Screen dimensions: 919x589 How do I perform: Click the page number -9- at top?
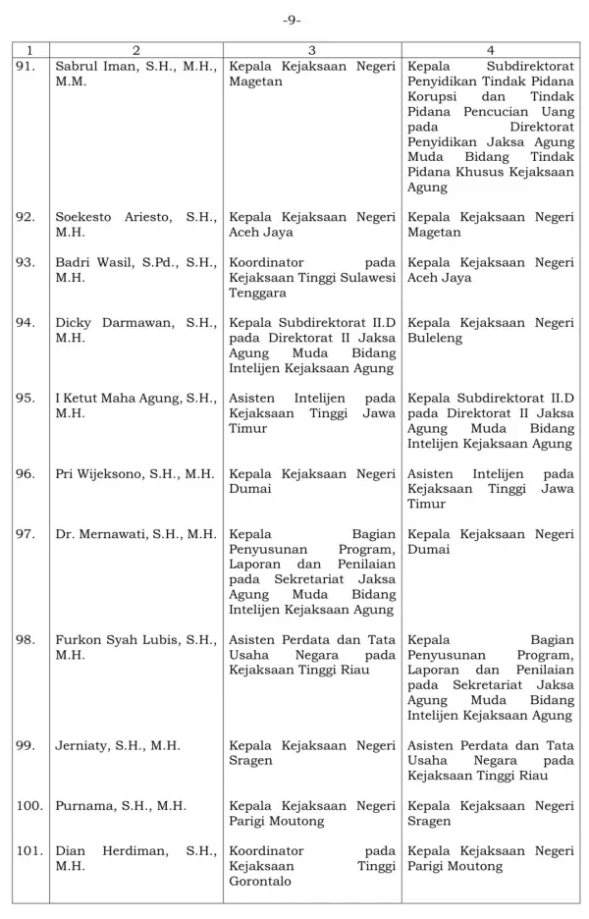pos(292,20)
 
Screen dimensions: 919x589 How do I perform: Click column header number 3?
pos(311,49)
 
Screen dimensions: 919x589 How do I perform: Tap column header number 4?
pos(490,49)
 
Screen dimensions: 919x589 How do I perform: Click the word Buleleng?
pos(434,338)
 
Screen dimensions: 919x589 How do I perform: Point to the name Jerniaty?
pos(84,746)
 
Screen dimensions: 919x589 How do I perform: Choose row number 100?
pos(29,806)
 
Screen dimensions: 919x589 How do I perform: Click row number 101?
pos(29,850)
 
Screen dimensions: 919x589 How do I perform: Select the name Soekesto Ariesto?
pos(110,217)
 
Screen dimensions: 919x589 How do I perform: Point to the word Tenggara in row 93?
pos(257,293)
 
